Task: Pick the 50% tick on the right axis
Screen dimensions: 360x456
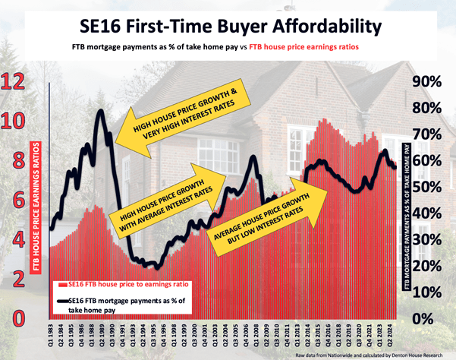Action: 427,187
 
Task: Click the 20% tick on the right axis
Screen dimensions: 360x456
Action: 427,265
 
